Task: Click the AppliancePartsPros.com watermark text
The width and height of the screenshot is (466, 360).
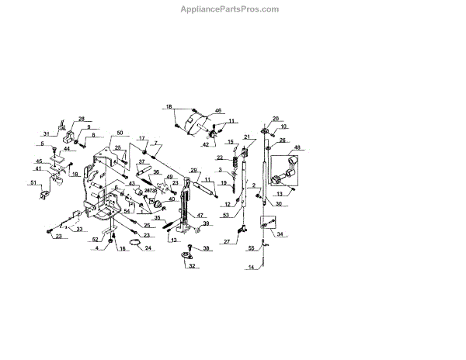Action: click(x=232, y=9)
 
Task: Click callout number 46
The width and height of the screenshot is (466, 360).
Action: click(x=218, y=112)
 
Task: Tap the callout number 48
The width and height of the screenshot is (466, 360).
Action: click(x=297, y=148)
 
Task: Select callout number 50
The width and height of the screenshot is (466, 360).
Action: click(x=120, y=133)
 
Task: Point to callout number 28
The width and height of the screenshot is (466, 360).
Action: click(x=81, y=118)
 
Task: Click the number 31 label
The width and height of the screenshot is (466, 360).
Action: click(x=46, y=134)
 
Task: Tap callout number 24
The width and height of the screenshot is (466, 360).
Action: click(x=149, y=249)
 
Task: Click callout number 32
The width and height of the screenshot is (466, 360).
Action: click(x=190, y=265)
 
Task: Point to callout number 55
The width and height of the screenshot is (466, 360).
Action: click(x=251, y=248)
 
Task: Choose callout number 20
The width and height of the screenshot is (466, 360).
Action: click(x=275, y=119)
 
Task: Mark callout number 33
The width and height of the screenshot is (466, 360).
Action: click(x=79, y=230)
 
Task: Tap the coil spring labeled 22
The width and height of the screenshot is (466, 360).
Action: click(x=231, y=157)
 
